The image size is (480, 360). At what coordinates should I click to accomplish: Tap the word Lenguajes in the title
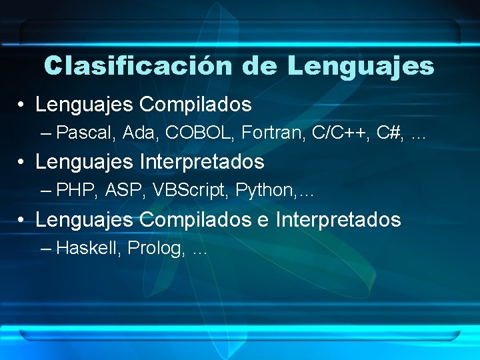(x=361, y=66)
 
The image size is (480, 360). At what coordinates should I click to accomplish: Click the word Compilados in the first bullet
(x=195, y=105)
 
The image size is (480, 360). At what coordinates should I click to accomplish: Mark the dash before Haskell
(x=45, y=249)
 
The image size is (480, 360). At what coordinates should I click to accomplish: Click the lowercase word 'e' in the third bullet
(x=263, y=220)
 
